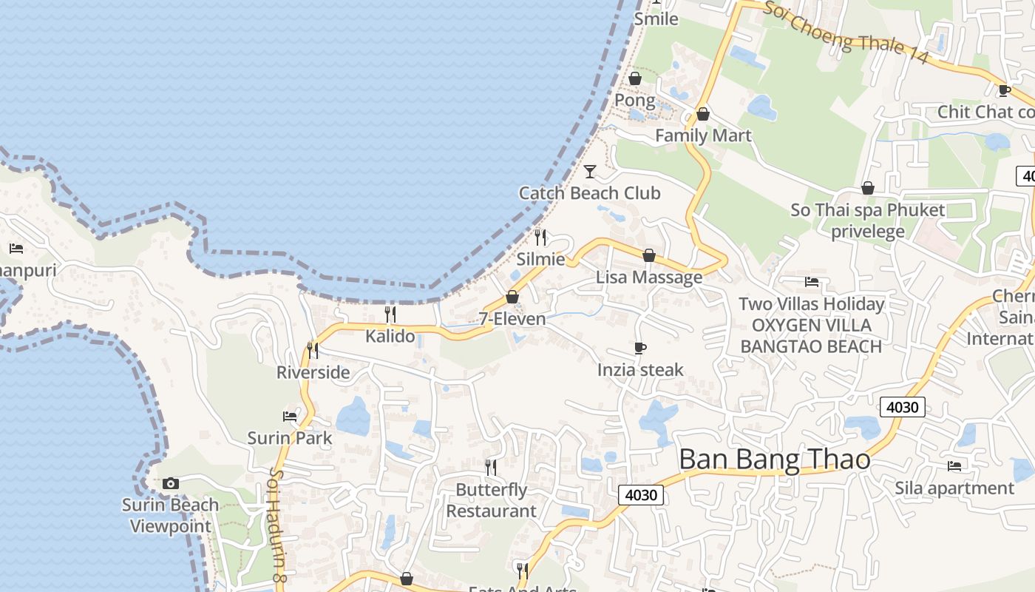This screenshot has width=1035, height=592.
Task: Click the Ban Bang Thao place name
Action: [x=774, y=460]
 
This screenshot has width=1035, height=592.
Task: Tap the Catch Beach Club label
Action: [x=589, y=193]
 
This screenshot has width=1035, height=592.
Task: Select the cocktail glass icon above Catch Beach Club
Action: [x=589, y=172]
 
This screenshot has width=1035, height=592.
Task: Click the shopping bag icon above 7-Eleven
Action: [x=512, y=297]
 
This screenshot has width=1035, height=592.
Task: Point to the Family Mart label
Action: [x=702, y=135]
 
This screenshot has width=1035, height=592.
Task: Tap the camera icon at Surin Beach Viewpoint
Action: [x=171, y=483]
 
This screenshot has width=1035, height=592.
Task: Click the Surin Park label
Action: [x=290, y=438]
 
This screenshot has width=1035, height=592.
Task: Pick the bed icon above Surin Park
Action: [x=290, y=417]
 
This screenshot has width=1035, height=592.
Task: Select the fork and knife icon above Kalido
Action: [x=390, y=314]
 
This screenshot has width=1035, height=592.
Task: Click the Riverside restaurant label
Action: [x=313, y=372]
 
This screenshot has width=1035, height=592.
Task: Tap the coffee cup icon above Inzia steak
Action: [x=640, y=348]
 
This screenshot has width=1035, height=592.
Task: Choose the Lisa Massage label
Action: [x=649, y=277]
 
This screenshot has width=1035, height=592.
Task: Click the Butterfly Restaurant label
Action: [x=491, y=500]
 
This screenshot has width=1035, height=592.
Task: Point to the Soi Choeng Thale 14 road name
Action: [x=845, y=33]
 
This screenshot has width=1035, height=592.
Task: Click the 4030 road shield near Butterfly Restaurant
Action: [x=640, y=495]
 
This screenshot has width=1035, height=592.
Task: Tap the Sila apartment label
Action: [x=954, y=488]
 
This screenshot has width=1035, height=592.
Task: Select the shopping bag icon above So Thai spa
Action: [x=868, y=189]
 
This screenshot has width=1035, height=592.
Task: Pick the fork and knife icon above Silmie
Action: [x=540, y=238]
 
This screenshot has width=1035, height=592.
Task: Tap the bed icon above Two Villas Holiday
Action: [x=812, y=282]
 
